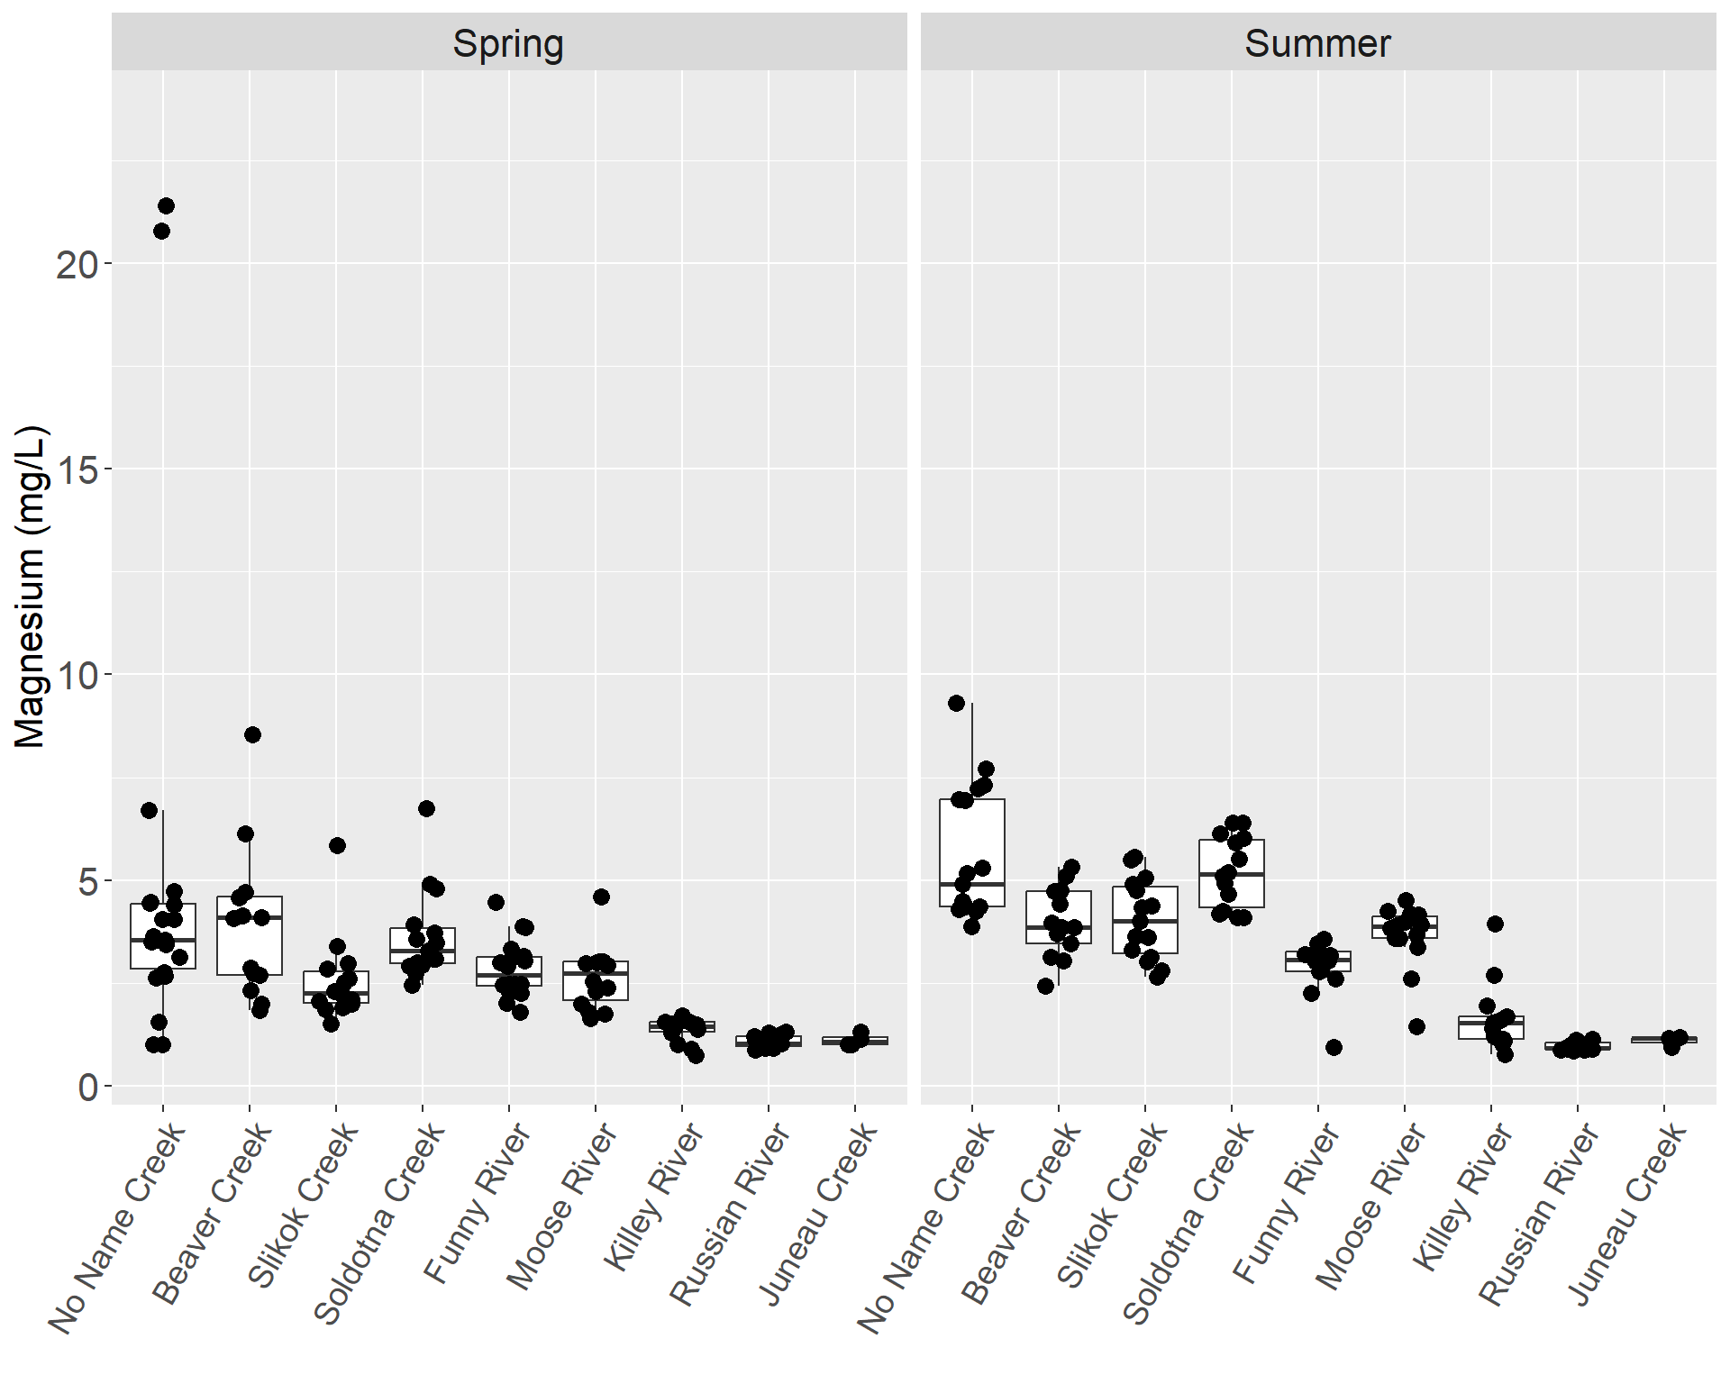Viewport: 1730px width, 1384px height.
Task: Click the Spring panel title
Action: point(508,43)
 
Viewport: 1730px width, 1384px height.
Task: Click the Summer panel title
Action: point(1317,43)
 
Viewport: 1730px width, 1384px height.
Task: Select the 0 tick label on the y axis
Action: point(87,1087)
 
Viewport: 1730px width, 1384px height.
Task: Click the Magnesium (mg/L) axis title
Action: point(31,586)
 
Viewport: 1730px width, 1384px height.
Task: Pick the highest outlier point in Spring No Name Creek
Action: point(166,206)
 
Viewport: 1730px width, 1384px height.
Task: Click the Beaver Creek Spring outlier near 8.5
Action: point(252,734)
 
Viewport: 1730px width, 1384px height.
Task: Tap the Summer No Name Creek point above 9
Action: point(957,703)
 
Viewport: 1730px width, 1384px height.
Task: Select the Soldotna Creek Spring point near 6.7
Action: point(426,808)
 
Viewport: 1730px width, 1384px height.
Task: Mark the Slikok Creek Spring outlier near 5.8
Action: point(337,845)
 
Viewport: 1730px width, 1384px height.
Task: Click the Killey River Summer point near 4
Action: point(1495,924)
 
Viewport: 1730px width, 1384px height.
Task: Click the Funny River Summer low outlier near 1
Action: point(1334,1047)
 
